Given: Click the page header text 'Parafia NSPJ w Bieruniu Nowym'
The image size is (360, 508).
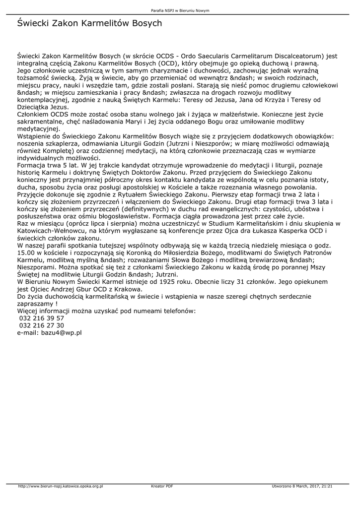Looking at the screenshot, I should tap(180, 10).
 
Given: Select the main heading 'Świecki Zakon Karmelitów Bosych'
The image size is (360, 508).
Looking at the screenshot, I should tap(89, 23).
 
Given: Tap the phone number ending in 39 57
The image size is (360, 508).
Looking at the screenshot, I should tap(41, 317).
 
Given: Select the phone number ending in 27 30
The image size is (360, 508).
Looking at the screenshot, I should tap(41, 325).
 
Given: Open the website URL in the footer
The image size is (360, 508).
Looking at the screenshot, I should tap(60, 486).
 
